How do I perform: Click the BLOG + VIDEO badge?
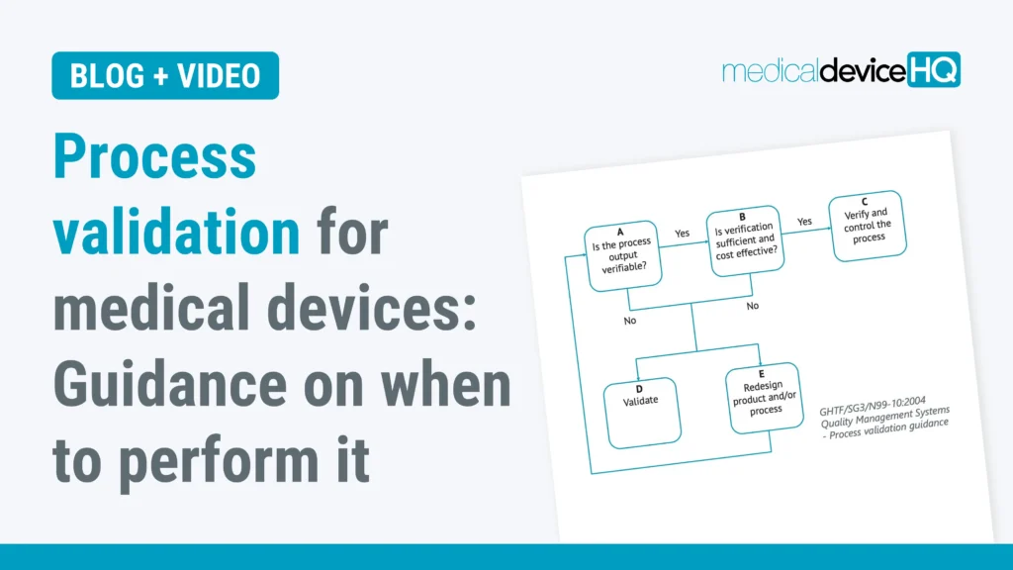[165, 76]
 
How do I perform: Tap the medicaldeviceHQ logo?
[841, 71]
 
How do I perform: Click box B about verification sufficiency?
[743, 242]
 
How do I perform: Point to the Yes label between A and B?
[683, 233]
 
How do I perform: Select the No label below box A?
[630, 321]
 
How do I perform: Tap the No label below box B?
[753, 307]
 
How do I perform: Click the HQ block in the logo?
[933, 69]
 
